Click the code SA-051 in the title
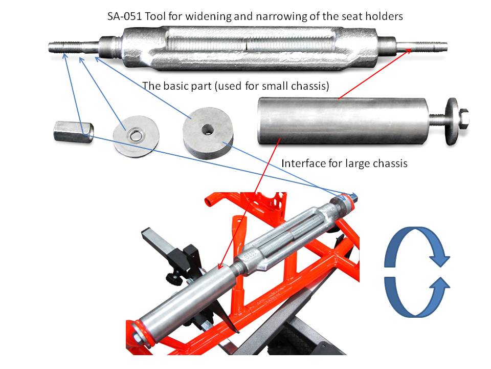coord(125,16)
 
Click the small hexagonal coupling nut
coord(74,132)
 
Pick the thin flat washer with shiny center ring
coord(136,136)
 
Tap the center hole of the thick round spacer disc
coord(207,128)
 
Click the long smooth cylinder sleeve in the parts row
coord(343,121)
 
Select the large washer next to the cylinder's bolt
coord(452,121)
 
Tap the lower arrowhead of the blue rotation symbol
coord(439,284)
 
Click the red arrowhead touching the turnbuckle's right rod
coord(408,51)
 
